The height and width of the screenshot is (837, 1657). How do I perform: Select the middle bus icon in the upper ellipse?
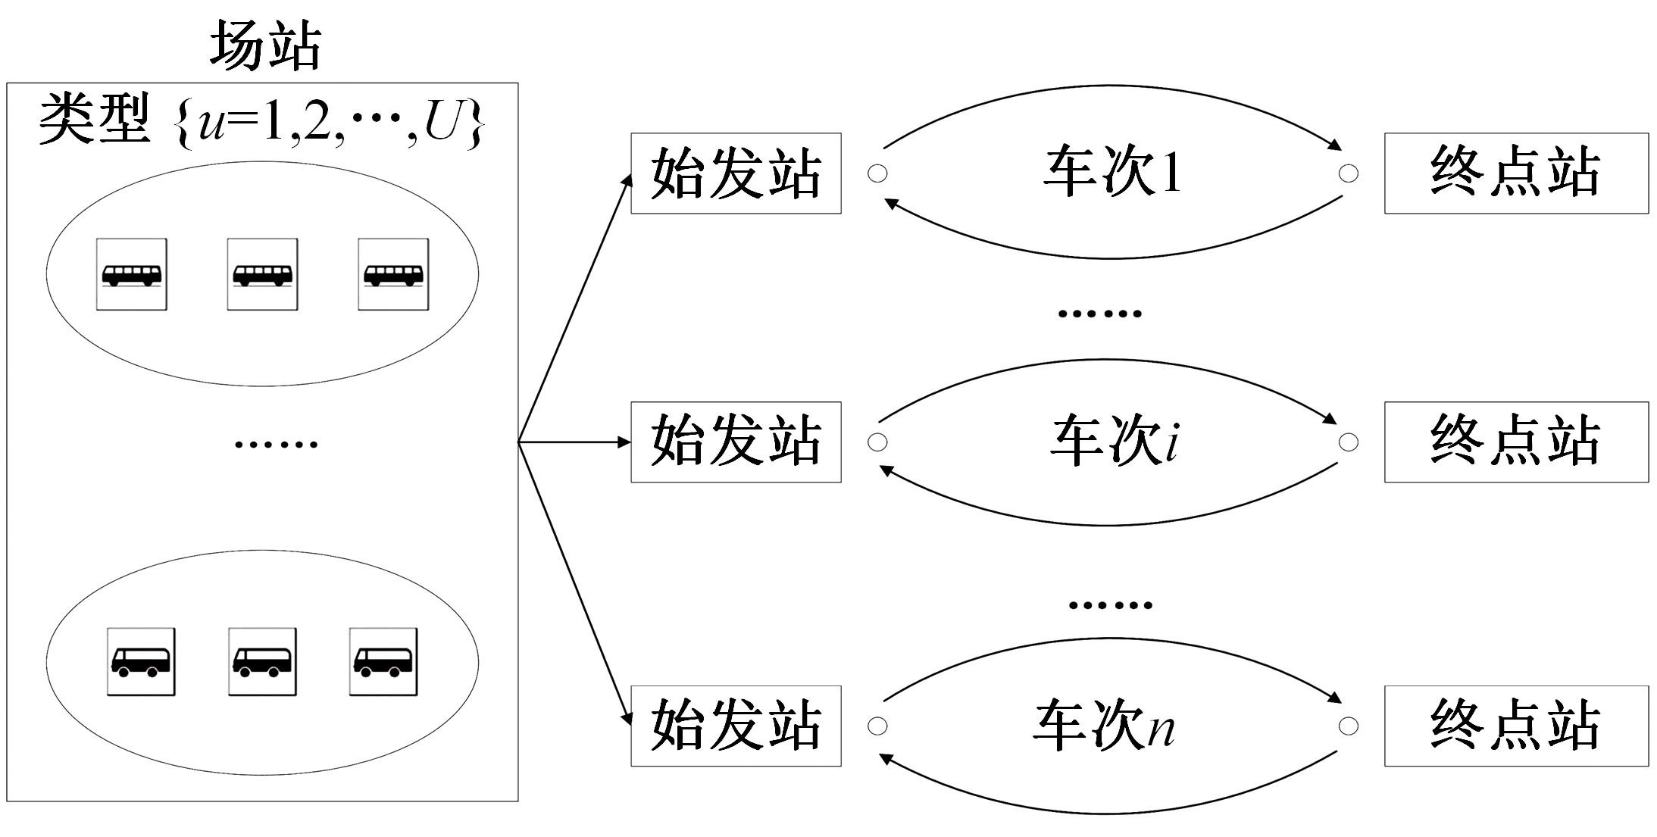pos(262,274)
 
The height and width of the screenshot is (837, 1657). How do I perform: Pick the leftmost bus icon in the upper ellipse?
pos(131,274)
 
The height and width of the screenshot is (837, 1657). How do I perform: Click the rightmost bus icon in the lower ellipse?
pos(383,661)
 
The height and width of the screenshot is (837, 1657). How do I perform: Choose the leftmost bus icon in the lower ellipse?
pos(141,661)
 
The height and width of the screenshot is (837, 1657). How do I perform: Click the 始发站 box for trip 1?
pos(736,173)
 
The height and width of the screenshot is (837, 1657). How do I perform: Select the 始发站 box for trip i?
pos(736,442)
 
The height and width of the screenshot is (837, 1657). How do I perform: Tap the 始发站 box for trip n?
pos(736,726)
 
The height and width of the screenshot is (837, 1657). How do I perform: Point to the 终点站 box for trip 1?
pos(1516,173)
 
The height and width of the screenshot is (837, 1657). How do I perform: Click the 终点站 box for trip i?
pos(1516,442)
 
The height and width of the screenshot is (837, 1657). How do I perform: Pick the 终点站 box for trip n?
pos(1516,726)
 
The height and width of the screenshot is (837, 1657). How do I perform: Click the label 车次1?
pos(1111,173)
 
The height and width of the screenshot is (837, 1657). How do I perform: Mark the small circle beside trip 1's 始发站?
pos(877,173)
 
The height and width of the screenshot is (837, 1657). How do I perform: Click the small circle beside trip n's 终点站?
pos(1349,726)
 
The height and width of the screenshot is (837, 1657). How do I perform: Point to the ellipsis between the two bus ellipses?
pos(276,444)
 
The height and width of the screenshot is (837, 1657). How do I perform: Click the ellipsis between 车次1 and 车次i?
pos(1099,313)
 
